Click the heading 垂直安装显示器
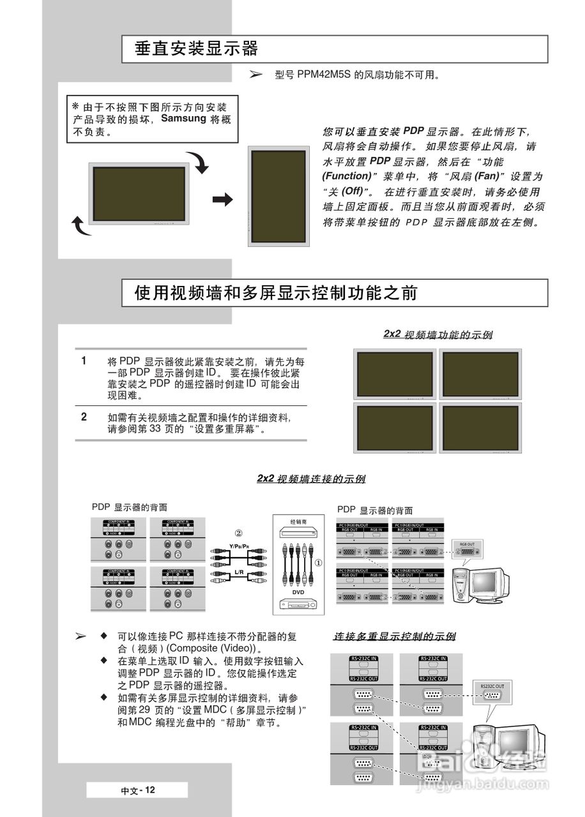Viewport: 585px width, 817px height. tap(196, 49)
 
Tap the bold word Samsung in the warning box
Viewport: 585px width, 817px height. tap(183, 119)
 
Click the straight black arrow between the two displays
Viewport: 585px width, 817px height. tap(223, 200)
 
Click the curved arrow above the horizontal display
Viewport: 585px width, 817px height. tap(198, 163)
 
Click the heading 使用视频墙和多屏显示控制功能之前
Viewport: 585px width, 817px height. tap(276, 293)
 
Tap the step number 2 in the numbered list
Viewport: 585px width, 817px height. tap(84, 417)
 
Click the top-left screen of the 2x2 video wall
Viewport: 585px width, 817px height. tap(394, 373)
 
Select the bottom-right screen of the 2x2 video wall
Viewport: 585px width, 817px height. tap(480, 428)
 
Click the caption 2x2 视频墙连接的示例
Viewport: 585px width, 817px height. tap(311, 479)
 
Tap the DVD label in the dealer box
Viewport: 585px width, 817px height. tap(298, 592)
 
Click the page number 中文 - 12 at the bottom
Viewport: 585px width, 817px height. tap(138, 790)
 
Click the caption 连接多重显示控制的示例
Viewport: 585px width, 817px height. tap(395, 636)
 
